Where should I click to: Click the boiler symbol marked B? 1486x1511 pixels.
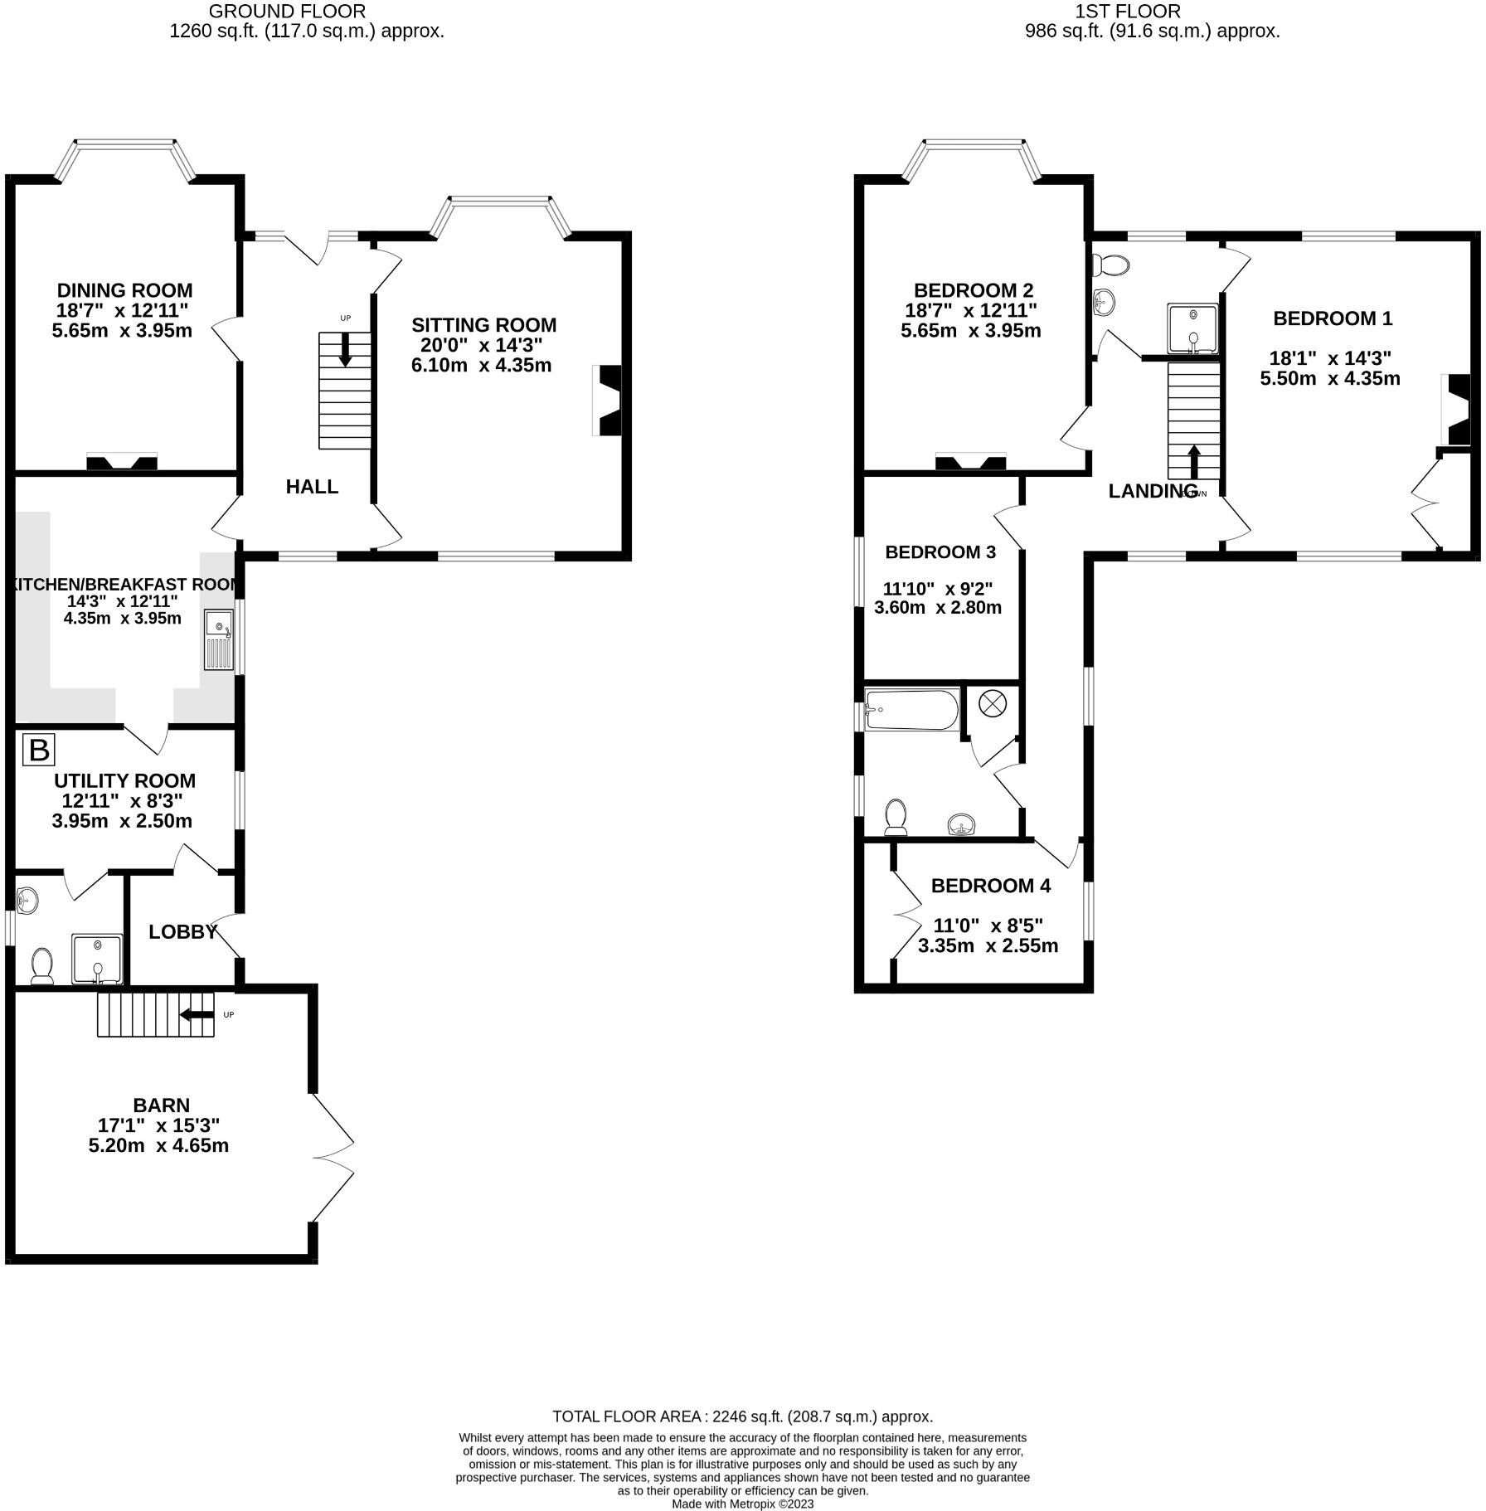tap(38, 750)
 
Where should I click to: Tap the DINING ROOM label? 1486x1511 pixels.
tap(124, 290)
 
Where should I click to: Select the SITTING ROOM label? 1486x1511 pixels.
tap(483, 325)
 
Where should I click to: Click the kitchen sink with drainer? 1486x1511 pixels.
tap(219, 640)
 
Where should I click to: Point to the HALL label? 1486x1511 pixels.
tap(312, 487)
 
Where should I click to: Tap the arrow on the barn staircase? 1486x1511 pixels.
tap(197, 1014)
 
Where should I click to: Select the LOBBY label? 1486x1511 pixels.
tap(182, 932)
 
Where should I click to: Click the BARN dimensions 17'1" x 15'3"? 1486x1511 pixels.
tap(158, 1125)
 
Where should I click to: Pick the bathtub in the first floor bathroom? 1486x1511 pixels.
tap(912, 710)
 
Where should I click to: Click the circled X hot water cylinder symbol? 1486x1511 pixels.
tap(992, 704)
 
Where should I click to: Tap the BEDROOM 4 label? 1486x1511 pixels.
tap(990, 886)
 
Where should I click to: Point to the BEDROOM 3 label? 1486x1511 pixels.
tap(940, 552)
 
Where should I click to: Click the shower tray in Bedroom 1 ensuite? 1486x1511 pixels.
tap(1192, 330)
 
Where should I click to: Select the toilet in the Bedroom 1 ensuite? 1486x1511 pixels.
tap(1111, 266)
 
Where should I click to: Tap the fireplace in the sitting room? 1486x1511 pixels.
tap(608, 401)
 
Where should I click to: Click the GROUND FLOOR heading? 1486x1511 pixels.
tap(286, 12)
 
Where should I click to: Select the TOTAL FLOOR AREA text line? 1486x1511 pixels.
tap(742, 1416)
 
